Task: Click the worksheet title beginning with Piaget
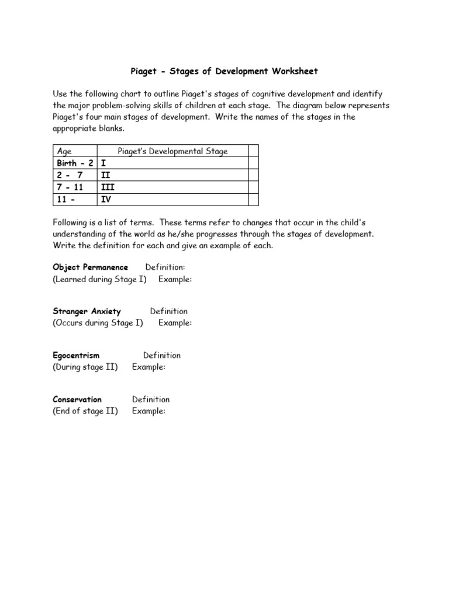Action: point(224,71)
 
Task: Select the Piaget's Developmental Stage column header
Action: point(172,151)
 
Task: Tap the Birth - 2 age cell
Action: point(74,163)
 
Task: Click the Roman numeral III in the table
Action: point(107,187)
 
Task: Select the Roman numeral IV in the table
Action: point(106,200)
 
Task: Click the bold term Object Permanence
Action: point(90,267)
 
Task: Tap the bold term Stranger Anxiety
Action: point(87,311)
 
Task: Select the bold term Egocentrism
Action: point(76,355)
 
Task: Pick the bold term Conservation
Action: point(77,399)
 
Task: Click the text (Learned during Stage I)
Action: point(100,279)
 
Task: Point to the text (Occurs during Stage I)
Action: point(98,323)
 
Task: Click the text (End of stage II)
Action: point(85,411)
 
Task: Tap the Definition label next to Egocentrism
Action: point(162,355)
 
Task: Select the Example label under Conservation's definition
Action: point(148,411)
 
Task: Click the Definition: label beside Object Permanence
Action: point(165,267)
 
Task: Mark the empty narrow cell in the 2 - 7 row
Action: point(253,175)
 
